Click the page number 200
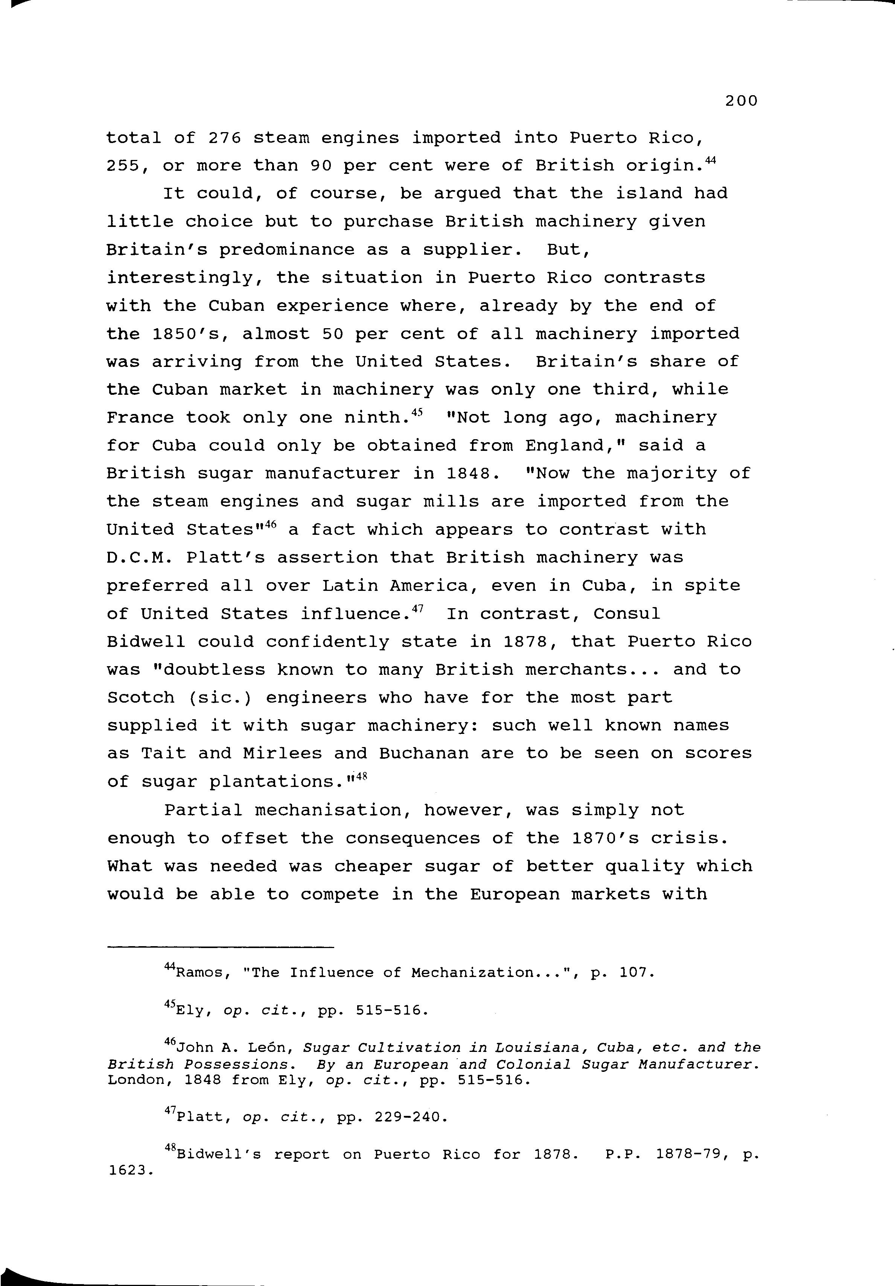coord(741,101)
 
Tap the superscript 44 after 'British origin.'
coord(710,161)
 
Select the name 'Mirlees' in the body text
coord(282,754)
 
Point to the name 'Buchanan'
coord(423,754)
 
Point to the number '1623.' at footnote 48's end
coord(130,1170)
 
